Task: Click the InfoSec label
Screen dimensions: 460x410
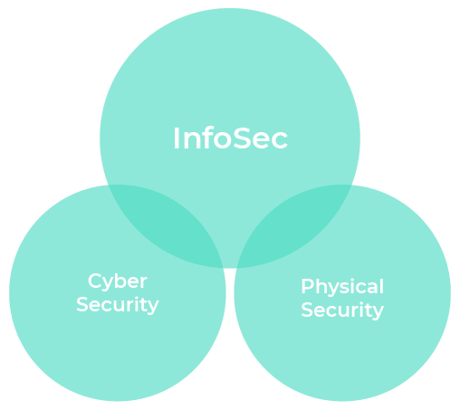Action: (230, 138)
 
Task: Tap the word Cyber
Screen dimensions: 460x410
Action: (118, 282)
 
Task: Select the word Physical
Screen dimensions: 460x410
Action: (342, 287)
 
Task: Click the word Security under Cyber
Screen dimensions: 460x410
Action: (118, 305)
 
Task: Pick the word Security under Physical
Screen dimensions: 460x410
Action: (342, 310)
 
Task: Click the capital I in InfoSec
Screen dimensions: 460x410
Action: (176, 138)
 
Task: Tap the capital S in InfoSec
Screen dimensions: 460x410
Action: (243, 138)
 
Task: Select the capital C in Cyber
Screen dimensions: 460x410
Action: (96, 281)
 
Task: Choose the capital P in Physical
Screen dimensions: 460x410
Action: (308, 286)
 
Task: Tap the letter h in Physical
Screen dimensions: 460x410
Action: (321, 285)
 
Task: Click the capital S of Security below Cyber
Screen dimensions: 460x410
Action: (82, 304)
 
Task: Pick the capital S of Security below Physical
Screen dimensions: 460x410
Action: (307, 310)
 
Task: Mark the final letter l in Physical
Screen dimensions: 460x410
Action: (382, 285)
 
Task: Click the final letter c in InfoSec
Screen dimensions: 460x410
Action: (280, 141)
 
